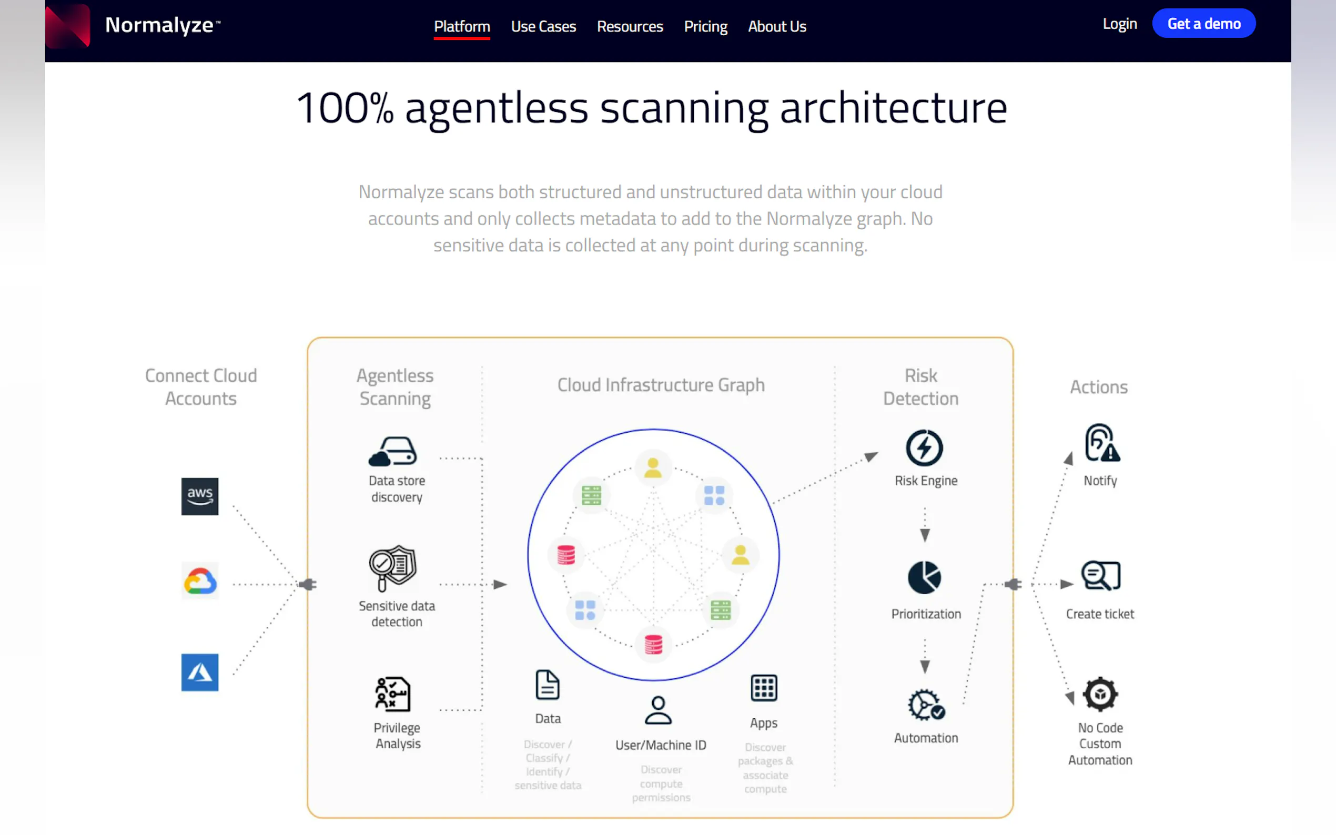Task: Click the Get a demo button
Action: pos(1203,24)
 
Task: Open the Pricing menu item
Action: pos(705,26)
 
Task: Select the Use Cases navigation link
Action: pos(543,26)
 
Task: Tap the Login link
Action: pos(1119,24)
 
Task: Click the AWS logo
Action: pos(200,496)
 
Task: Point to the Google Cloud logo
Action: pos(200,581)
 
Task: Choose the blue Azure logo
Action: pos(200,672)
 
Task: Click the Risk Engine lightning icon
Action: pos(924,447)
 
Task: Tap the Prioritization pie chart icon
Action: pos(924,578)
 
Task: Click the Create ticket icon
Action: pos(1100,576)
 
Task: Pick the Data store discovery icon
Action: pos(393,452)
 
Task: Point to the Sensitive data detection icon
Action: pos(393,568)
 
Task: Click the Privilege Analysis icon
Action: pos(393,694)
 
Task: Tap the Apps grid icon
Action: pos(764,688)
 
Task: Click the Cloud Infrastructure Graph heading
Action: pos(661,385)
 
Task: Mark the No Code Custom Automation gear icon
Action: pos(1100,694)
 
